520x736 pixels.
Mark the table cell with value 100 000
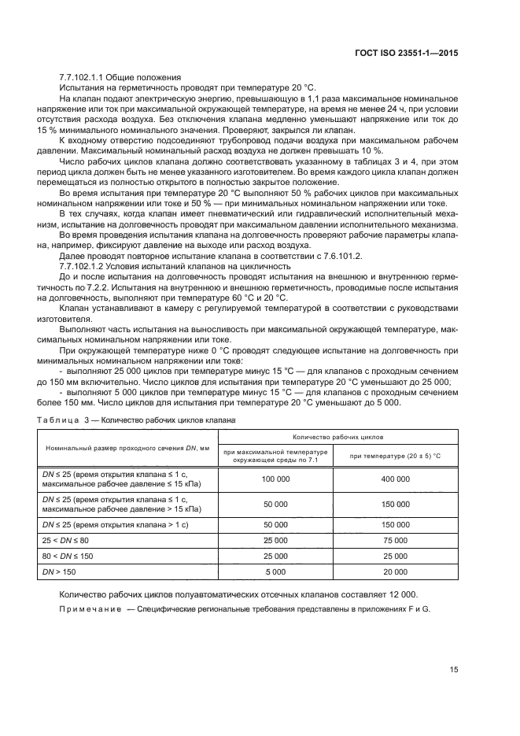tap(275, 479)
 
